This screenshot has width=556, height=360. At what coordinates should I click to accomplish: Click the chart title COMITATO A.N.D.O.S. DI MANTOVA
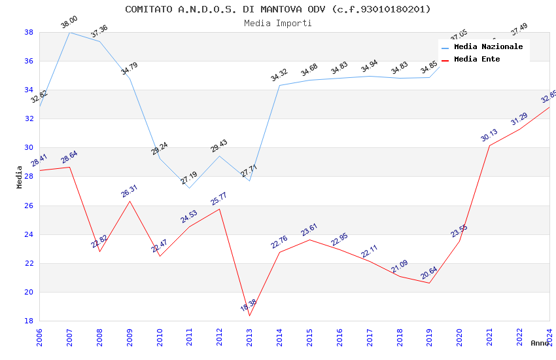click(x=278, y=9)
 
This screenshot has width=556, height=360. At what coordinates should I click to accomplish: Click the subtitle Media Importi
click(x=278, y=23)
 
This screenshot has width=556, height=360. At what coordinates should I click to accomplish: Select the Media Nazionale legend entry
click(x=488, y=47)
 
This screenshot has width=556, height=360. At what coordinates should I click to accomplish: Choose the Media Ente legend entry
click(x=477, y=60)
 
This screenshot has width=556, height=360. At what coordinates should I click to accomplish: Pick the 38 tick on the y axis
click(x=29, y=32)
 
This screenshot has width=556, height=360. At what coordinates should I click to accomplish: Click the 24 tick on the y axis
click(x=29, y=234)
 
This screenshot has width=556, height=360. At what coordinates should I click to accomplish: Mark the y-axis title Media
click(x=20, y=177)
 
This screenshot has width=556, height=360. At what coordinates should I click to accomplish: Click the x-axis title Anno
click(x=540, y=343)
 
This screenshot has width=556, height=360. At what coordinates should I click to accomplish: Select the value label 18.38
click(x=249, y=305)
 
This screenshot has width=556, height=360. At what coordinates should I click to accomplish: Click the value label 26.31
click(x=130, y=191)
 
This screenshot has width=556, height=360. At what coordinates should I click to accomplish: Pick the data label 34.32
click(x=279, y=75)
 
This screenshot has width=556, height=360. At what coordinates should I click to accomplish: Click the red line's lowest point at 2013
click(x=249, y=315)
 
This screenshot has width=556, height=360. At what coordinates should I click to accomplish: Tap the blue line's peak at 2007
click(x=69, y=32)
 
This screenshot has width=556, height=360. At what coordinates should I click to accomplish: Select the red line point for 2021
click(x=489, y=145)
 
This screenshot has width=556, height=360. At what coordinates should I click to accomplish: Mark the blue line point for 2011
click(x=189, y=189)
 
